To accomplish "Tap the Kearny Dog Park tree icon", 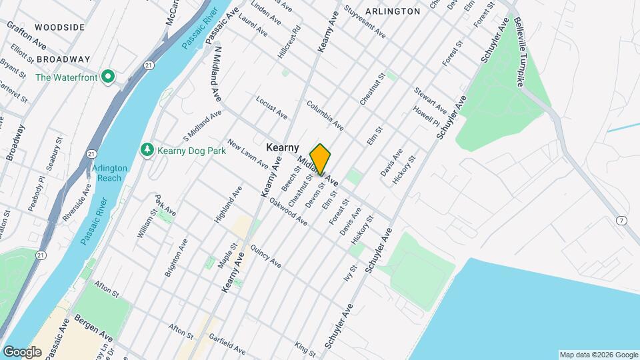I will (x=147, y=150).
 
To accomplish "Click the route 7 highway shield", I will (x=621, y=221).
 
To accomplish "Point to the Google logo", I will (x=22, y=351).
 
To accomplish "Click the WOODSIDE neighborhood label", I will (x=60, y=27).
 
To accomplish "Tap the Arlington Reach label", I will (x=107, y=173).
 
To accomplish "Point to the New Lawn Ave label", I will (x=247, y=153).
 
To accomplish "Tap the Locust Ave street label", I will (x=271, y=107).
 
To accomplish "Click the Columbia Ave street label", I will (x=325, y=115).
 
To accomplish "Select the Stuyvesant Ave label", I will (x=365, y=21).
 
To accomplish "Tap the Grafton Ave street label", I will (x=26, y=35).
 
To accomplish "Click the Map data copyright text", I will (x=598, y=355).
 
